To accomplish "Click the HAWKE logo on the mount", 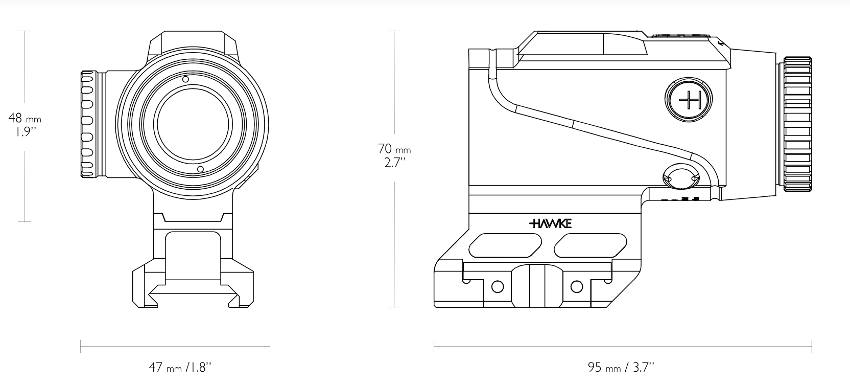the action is tap(550, 224).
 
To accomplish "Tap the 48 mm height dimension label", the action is tap(25, 118).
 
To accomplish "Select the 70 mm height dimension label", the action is tap(394, 149).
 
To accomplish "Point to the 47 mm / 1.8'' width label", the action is tap(180, 367).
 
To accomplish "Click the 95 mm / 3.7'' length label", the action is tap(621, 367).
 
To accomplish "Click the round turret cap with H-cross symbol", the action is tap(689, 100).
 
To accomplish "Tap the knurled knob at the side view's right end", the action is tap(797, 125).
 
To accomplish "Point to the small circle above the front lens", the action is tap(185, 79).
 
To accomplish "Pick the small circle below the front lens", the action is tap(201, 169).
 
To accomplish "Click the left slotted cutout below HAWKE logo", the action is tap(505, 245).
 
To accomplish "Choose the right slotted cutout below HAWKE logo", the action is tap(591, 245).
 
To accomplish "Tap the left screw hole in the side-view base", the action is tap(498, 287).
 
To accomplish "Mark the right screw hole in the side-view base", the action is tap(577, 287).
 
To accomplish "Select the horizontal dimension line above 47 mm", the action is tap(175, 346).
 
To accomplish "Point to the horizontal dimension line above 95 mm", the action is tap(623, 346).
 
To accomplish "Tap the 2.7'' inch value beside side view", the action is tap(395, 163).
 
